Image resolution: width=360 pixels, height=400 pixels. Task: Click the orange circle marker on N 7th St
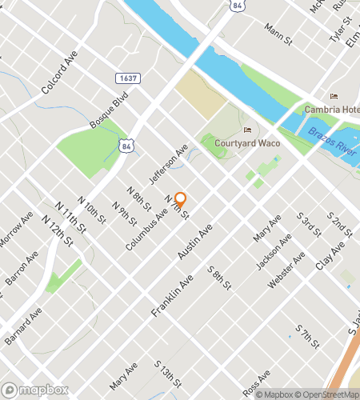(x=181, y=198)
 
